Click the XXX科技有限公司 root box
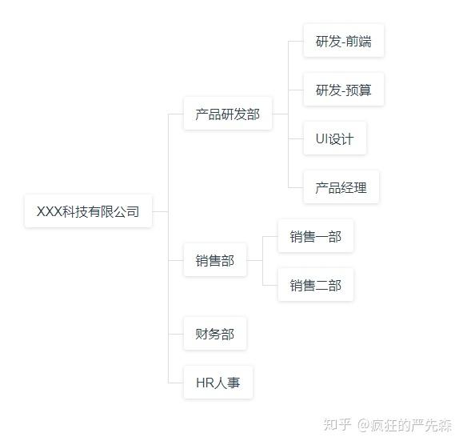(x=88, y=211)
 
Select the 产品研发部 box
(x=228, y=114)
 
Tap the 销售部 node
(x=215, y=260)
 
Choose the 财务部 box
(x=215, y=334)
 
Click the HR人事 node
(x=218, y=383)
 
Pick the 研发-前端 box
(x=344, y=41)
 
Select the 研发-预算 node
(x=344, y=89)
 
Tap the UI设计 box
(x=335, y=138)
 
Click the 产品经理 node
(x=341, y=187)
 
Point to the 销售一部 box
(x=315, y=236)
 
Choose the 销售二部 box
(x=315, y=285)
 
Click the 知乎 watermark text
(x=337, y=425)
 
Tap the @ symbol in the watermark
(x=364, y=425)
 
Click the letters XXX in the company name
(x=50, y=211)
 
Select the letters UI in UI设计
(x=321, y=138)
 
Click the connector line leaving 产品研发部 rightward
(x=280, y=114)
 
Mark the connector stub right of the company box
(x=161, y=211)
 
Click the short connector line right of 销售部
(x=254, y=261)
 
